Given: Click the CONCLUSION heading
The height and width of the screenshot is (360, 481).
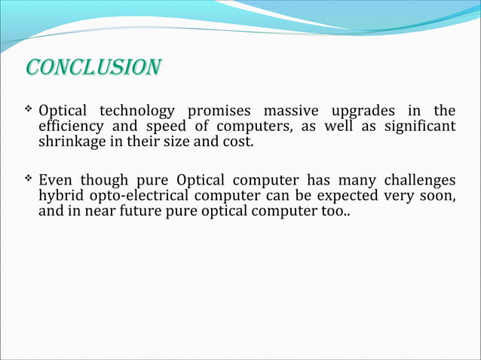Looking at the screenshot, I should pos(91,67).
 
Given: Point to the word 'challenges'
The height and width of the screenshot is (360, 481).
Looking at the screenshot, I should pos(419,181).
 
